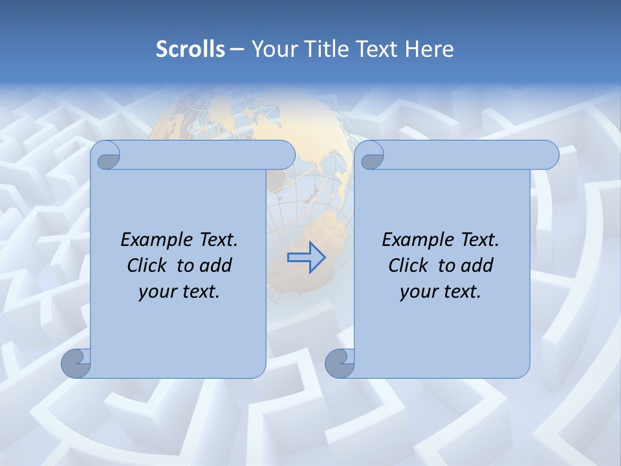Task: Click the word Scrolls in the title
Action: tap(190, 49)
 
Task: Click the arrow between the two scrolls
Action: tap(306, 257)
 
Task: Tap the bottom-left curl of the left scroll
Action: tap(76, 364)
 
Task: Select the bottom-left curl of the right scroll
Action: tap(339, 364)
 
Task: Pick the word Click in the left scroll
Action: tap(148, 265)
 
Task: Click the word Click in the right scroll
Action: tap(409, 265)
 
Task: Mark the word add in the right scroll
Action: tap(478, 265)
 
